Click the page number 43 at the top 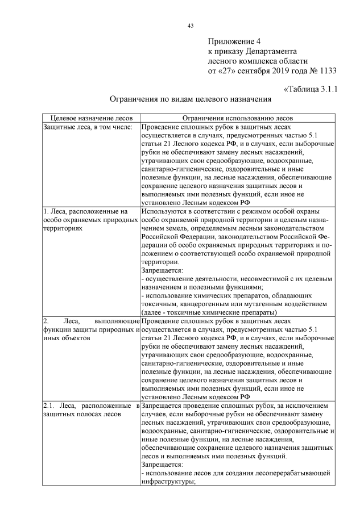(x=191, y=24)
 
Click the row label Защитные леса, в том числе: (x=88, y=127)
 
